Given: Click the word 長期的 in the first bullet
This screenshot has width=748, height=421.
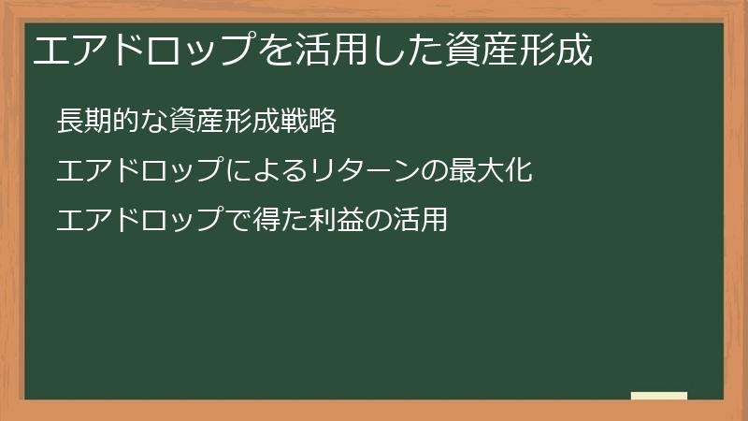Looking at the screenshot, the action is (x=99, y=121).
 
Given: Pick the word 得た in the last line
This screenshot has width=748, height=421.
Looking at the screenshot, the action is (x=280, y=220).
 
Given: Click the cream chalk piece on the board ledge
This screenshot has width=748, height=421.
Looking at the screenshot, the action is (x=659, y=396).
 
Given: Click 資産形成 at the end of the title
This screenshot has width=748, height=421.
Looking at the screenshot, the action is (x=519, y=50).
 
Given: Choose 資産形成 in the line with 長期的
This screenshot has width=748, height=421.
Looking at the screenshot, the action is (x=224, y=121).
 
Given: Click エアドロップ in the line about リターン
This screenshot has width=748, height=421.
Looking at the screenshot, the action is (x=138, y=170).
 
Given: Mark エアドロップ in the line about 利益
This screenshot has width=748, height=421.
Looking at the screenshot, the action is (x=138, y=220).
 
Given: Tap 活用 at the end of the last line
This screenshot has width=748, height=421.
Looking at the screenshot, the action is (x=420, y=220).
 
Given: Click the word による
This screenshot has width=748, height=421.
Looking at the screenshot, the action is (x=266, y=170).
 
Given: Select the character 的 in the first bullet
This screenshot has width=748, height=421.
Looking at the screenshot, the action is (x=127, y=121).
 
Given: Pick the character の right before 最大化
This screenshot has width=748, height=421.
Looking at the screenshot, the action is (x=434, y=171).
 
